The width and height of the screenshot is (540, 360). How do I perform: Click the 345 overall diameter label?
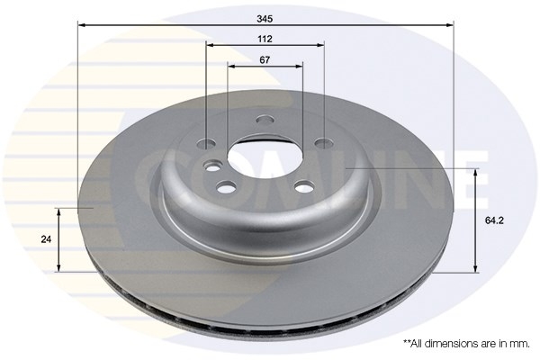click(x=265, y=19)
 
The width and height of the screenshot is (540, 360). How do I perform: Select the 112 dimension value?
click(x=265, y=39)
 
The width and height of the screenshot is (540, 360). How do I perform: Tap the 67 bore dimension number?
click(x=265, y=60)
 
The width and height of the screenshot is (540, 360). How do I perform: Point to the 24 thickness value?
click(x=46, y=239)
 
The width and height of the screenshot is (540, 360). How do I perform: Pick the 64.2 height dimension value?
click(x=494, y=220)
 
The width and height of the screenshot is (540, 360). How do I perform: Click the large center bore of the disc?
click(x=265, y=157)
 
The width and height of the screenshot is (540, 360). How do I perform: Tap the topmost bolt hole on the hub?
click(x=265, y=120)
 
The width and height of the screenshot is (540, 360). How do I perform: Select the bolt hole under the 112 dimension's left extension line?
click(x=206, y=144)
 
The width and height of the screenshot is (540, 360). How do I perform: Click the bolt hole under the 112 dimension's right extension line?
click(x=324, y=142)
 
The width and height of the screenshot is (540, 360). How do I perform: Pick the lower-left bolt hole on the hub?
click(x=226, y=187)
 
